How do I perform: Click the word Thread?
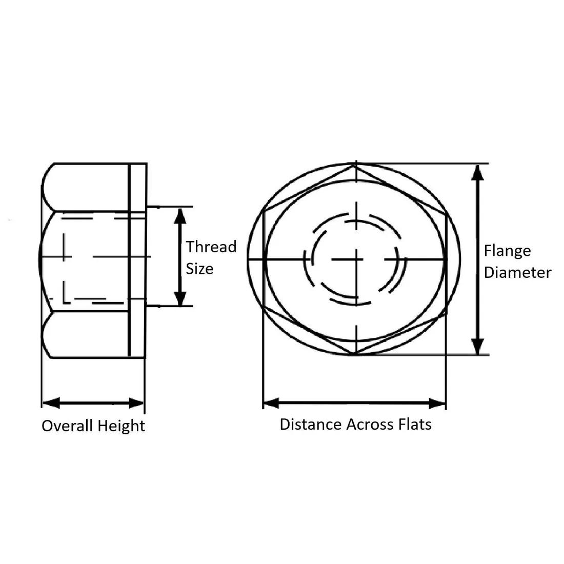[x=211, y=247]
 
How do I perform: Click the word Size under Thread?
[x=199, y=268]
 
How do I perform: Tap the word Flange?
[x=507, y=251]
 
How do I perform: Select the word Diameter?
[x=517, y=272]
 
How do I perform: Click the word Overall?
[x=67, y=426]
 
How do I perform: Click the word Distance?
[x=311, y=424]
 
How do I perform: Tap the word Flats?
[x=415, y=424]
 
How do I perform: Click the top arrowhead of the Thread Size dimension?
[x=179, y=215]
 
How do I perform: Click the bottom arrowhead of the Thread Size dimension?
[x=179, y=299]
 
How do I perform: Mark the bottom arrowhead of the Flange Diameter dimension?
[x=478, y=346]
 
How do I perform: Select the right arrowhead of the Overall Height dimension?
[x=136, y=402]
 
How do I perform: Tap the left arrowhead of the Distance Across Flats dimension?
[x=271, y=403]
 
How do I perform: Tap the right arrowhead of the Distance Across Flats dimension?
[x=437, y=403]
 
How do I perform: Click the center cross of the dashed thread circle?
[x=355, y=259]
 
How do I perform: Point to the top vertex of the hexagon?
[x=355, y=165]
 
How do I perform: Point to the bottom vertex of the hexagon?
[x=355, y=354]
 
